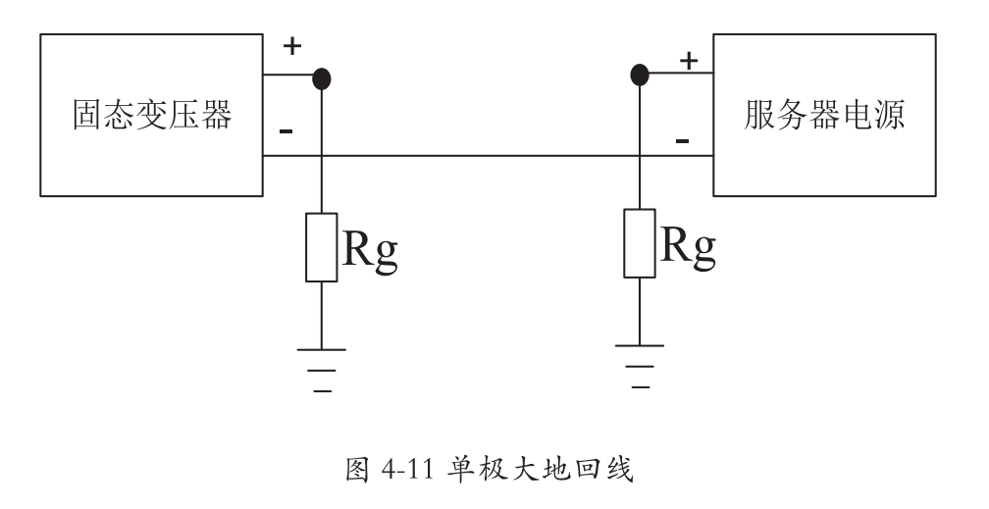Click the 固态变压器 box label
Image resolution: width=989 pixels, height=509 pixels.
click(x=152, y=115)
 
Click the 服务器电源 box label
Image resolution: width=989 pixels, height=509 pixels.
click(x=824, y=115)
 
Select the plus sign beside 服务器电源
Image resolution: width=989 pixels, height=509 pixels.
click(x=689, y=61)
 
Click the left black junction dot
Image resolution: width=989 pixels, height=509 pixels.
click(x=321, y=77)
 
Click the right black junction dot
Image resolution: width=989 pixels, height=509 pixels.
click(x=640, y=73)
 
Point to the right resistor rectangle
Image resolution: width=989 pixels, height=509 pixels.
click(x=640, y=242)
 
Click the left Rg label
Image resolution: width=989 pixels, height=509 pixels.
click(x=370, y=250)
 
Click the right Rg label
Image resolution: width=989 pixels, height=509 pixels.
click(x=688, y=245)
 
